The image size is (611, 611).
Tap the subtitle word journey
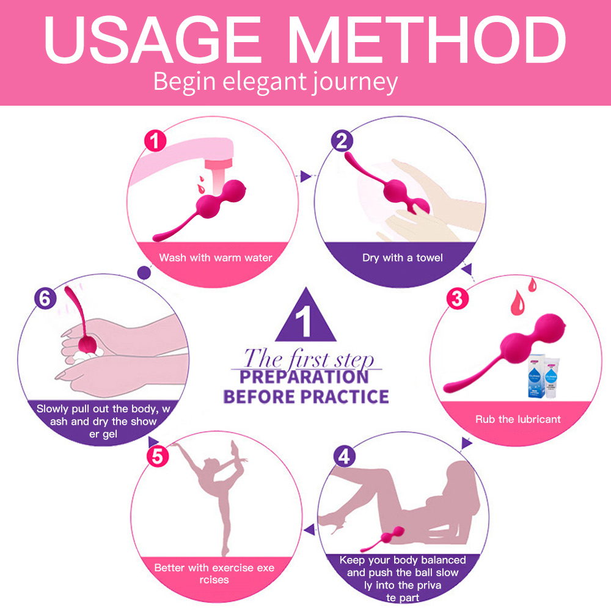pos(354,82)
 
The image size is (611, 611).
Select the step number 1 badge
pos(155,141)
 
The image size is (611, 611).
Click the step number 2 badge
pos(342,141)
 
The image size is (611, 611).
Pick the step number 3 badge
pos(457,299)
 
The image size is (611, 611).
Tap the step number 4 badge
pos(345,456)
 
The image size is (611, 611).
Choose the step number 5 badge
pos(158,456)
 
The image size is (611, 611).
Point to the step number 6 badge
pos(45,299)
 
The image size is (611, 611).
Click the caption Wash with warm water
pos(216,258)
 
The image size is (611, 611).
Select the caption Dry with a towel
pos(403,258)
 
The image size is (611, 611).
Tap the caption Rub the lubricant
pos(518,419)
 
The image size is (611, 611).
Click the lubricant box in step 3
pos(536,376)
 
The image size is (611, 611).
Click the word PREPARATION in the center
pos(304,377)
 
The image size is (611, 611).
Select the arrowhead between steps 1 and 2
pos(305,176)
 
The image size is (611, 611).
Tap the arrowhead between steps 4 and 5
pos(310,530)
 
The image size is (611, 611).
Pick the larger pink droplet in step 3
pos(518,303)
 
